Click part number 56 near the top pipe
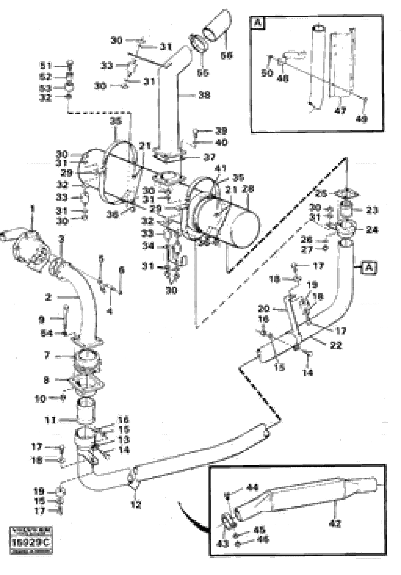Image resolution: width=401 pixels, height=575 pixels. [226, 55]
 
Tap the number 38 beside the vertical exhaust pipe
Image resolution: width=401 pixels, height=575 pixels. [204, 95]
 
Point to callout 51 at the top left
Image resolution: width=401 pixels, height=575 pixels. [46, 66]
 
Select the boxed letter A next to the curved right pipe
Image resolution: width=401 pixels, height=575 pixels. [369, 268]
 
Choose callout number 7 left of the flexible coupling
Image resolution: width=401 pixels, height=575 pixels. [47, 355]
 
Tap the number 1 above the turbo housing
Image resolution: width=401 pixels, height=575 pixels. [32, 208]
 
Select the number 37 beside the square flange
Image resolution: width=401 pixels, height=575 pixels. [209, 157]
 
